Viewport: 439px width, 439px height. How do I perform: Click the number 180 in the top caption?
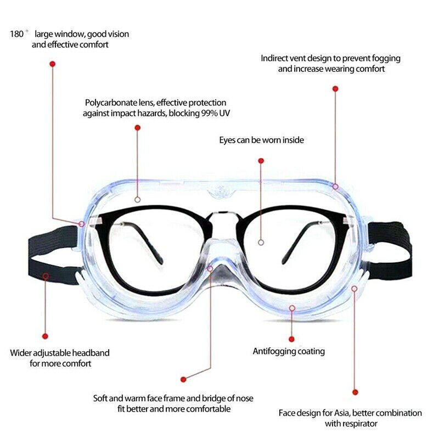click(17, 34)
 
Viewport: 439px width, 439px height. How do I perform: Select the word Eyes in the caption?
click(227, 140)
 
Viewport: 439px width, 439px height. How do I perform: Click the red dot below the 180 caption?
click(53, 64)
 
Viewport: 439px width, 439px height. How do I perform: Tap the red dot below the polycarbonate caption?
click(137, 127)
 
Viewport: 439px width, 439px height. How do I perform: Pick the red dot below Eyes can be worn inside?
click(261, 160)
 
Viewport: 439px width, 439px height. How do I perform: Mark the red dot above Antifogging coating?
click(291, 339)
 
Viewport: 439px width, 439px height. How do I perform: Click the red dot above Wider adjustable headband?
click(46, 336)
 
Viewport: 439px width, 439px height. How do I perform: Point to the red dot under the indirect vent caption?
click(335, 88)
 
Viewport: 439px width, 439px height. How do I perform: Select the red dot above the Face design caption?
click(355, 392)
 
